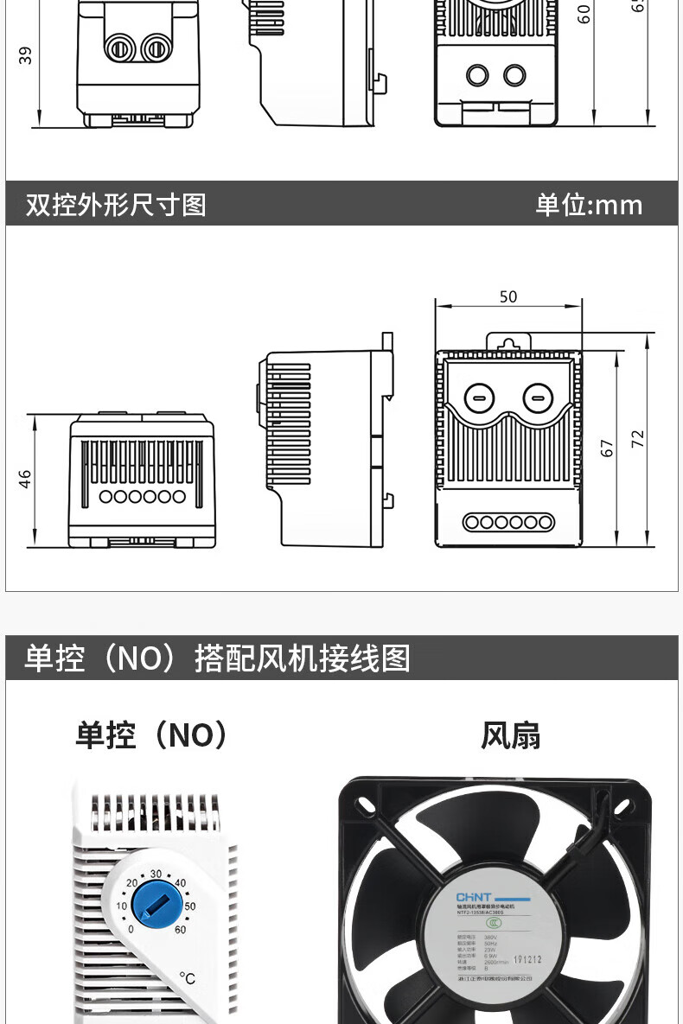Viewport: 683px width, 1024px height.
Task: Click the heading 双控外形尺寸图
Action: pyautogui.click(x=116, y=205)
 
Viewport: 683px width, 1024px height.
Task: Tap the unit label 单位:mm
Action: pyautogui.click(x=589, y=205)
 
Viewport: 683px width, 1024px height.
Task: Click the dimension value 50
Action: pyautogui.click(x=508, y=296)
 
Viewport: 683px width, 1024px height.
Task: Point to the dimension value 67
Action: pyautogui.click(x=607, y=448)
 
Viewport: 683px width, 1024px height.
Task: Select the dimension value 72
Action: pyautogui.click(x=638, y=438)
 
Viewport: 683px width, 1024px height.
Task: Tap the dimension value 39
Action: pyautogui.click(x=25, y=55)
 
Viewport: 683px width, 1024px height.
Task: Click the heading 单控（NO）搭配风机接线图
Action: pyautogui.click(x=217, y=658)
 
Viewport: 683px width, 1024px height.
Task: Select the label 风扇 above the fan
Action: pyautogui.click(x=510, y=735)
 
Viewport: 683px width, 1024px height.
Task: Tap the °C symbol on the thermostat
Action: pyautogui.click(x=188, y=978)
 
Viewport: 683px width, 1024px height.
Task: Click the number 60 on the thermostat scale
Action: pyautogui.click(x=180, y=930)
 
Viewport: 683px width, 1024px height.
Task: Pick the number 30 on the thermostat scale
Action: pyautogui.click(x=156, y=874)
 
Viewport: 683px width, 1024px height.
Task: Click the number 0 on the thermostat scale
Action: pyautogui.click(x=131, y=930)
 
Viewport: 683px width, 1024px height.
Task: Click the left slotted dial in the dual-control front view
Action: pyautogui.click(x=476, y=398)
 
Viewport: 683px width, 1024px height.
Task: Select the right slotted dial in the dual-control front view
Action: pyautogui.click(x=536, y=398)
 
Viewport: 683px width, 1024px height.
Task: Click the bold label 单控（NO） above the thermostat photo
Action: pyautogui.click(x=152, y=735)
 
